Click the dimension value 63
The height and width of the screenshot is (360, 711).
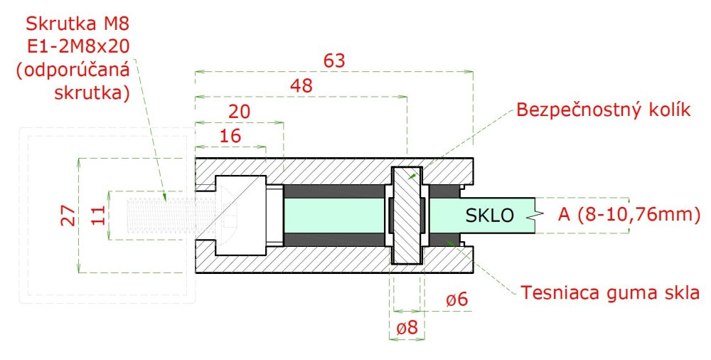pyautogui.click(x=334, y=60)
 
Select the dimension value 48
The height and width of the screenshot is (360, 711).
pyautogui.click(x=301, y=85)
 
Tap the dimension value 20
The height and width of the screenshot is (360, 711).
pyautogui.click(x=239, y=111)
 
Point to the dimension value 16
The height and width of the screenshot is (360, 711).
pyautogui.click(x=230, y=135)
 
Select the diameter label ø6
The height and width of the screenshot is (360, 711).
pyautogui.click(x=456, y=300)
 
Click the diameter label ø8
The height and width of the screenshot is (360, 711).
pyautogui.click(x=407, y=327)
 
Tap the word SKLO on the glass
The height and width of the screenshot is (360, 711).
pyautogui.click(x=490, y=215)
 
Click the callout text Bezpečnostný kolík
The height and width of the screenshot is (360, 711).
pyautogui.click(x=604, y=110)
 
